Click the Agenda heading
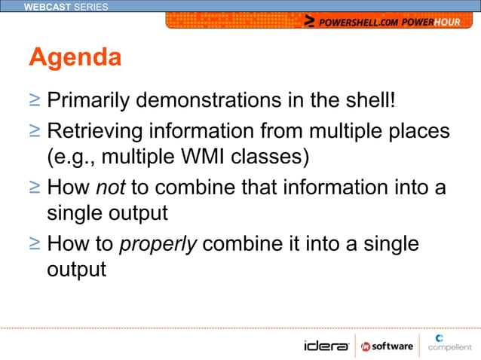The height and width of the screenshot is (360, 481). (x=75, y=57)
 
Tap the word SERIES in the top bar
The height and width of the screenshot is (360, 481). (x=91, y=7)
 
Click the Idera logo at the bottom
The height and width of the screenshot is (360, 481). (x=326, y=346)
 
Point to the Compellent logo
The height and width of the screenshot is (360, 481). (x=449, y=343)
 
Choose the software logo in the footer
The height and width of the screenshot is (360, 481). (x=387, y=346)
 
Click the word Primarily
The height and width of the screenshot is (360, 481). (x=93, y=100)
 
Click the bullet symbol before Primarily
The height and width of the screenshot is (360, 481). (x=35, y=100)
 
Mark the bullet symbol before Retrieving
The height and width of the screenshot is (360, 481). (x=35, y=132)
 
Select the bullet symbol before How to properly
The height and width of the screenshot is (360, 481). (x=35, y=244)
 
